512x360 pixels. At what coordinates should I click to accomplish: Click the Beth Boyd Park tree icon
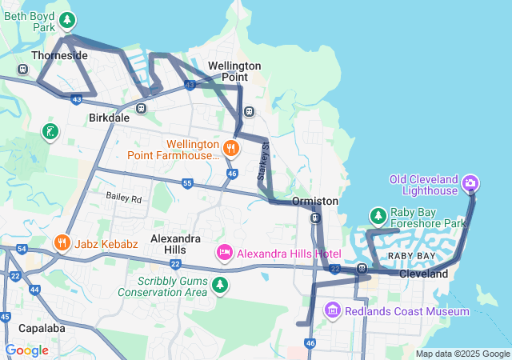69,20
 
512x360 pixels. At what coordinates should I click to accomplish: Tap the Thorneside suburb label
58,56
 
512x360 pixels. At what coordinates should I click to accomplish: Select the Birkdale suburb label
108,117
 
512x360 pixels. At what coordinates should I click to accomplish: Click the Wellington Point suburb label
234,71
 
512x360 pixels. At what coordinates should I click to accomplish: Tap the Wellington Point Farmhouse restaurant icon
230,147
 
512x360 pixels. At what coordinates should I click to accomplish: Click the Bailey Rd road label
123,197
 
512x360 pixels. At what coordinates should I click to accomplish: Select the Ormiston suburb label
315,201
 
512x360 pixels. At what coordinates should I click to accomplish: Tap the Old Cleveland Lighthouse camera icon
470,184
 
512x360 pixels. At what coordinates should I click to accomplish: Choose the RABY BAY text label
411,255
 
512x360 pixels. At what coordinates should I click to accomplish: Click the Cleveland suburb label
423,274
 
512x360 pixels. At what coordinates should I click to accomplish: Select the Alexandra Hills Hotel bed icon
225,253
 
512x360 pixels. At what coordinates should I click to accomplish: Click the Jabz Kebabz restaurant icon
62,242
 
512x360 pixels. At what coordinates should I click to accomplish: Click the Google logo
26,350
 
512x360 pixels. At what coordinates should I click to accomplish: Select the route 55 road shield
187,183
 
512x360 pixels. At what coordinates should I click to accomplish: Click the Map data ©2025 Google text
462,354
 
